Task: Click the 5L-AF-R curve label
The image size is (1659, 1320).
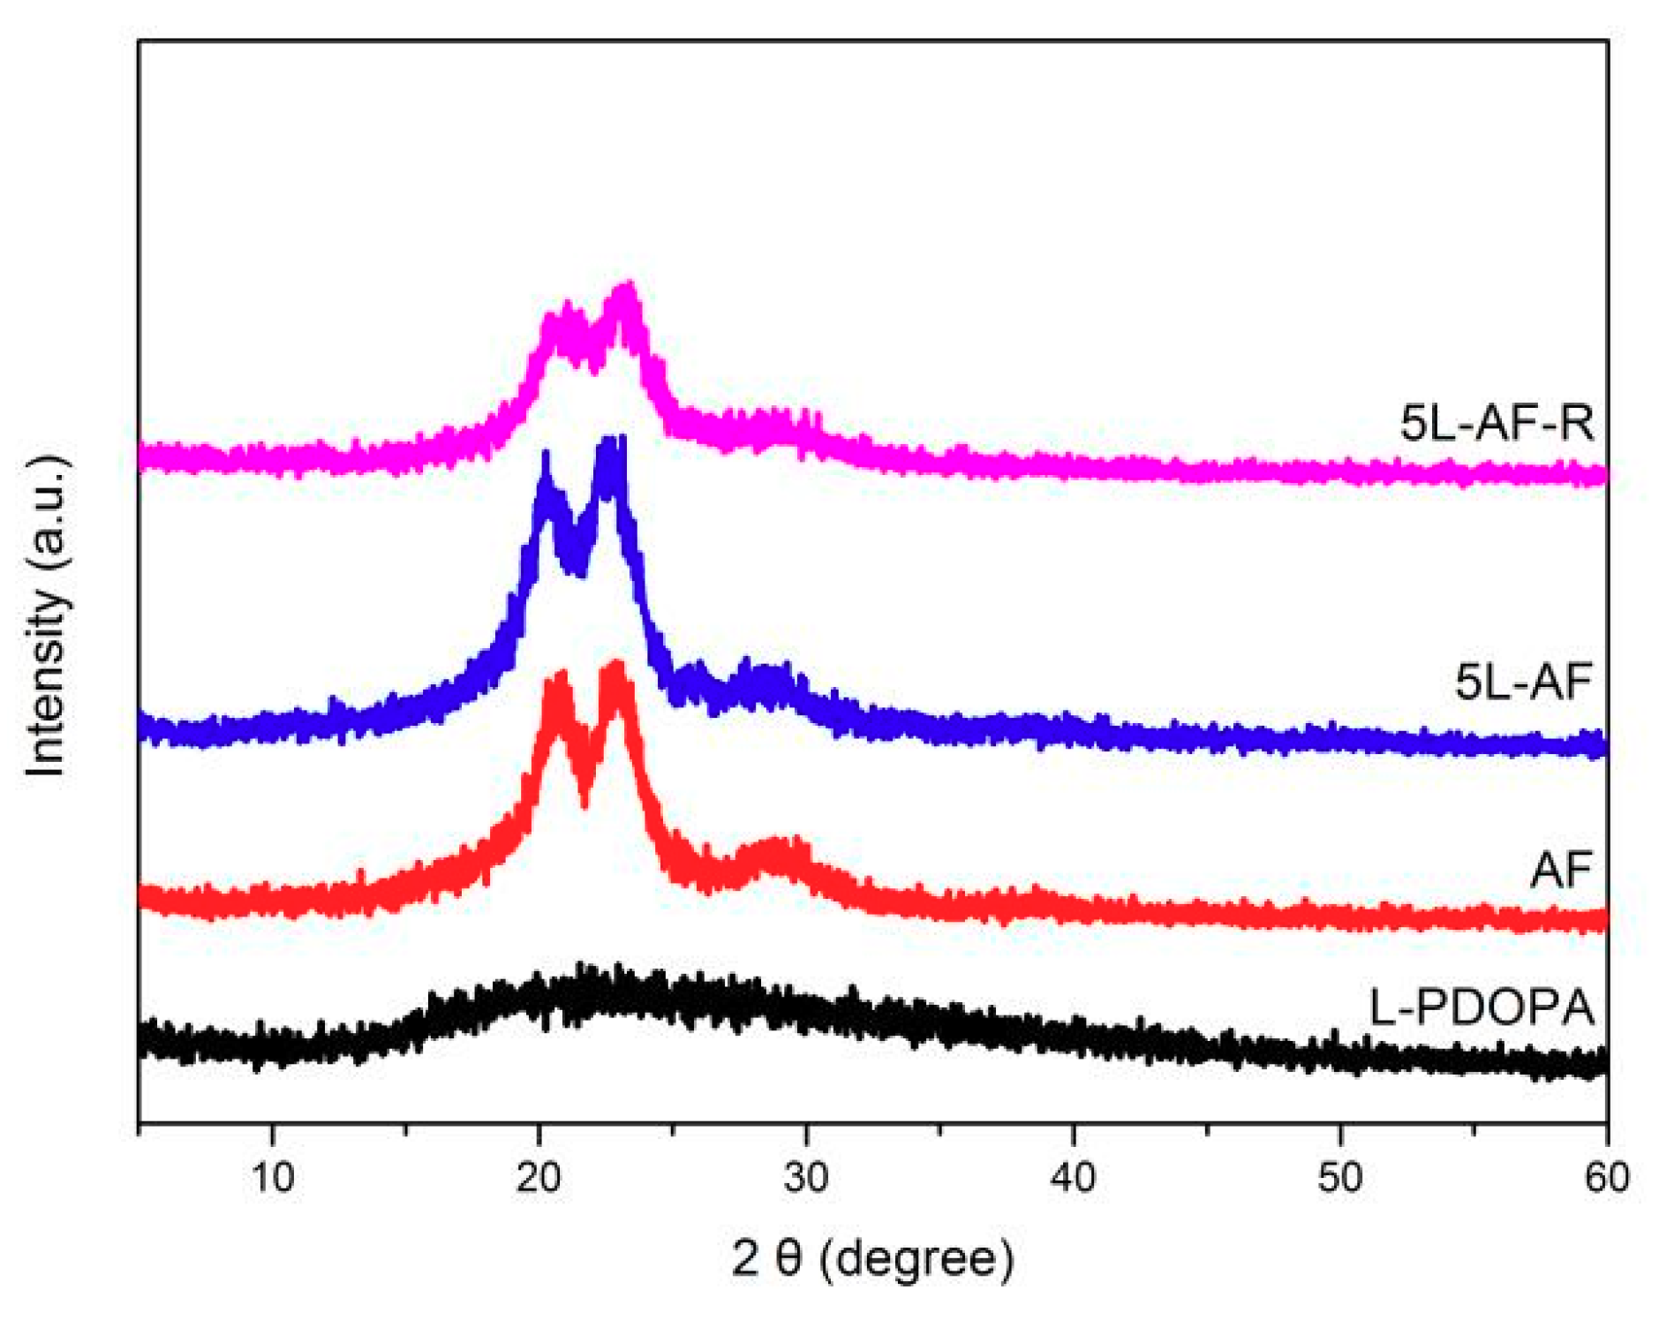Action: (x=1497, y=422)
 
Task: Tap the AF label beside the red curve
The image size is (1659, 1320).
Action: (x=1560, y=870)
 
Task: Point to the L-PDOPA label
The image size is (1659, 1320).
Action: (x=1481, y=1007)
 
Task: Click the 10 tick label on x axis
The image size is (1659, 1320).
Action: (x=272, y=1177)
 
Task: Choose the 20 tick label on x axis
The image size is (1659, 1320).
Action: (x=539, y=1177)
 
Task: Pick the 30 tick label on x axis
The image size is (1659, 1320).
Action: (x=805, y=1177)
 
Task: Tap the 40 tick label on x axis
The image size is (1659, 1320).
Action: (x=1073, y=1177)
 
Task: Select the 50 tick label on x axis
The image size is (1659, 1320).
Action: (x=1339, y=1177)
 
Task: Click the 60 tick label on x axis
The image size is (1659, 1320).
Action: (x=1606, y=1177)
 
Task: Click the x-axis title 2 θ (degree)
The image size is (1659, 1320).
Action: (x=872, y=1257)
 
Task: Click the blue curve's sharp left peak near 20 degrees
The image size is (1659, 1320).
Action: (x=545, y=459)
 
